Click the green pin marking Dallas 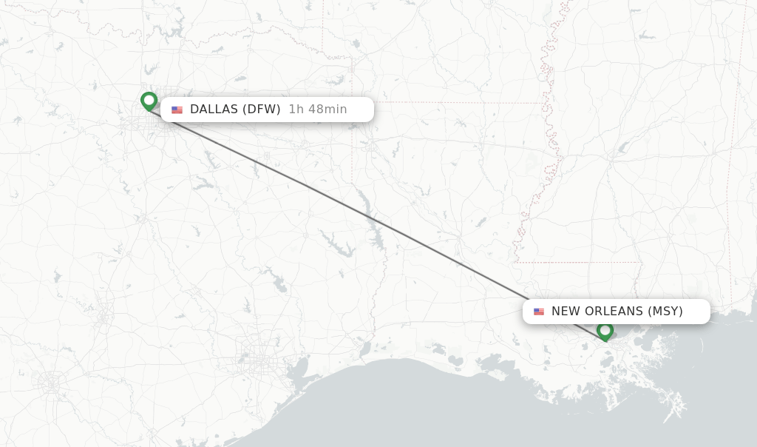pyautogui.click(x=149, y=101)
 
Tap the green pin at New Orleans pyautogui.click(x=605, y=330)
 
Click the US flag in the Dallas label pyautogui.click(x=177, y=110)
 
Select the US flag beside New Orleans pyautogui.click(x=539, y=312)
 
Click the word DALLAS pyautogui.click(x=214, y=110)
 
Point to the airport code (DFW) pyautogui.click(x=262, y=110)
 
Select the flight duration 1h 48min pyautogui.click(x=317, y=110)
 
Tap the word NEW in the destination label pyautogui.click(x=566, y=312)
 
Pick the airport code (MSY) pyautogui.click(x=665, y=312)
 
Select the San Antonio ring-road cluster pyautogui.click(x=50, y=384)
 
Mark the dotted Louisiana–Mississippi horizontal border pyautogui.click(x=577, y=262)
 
